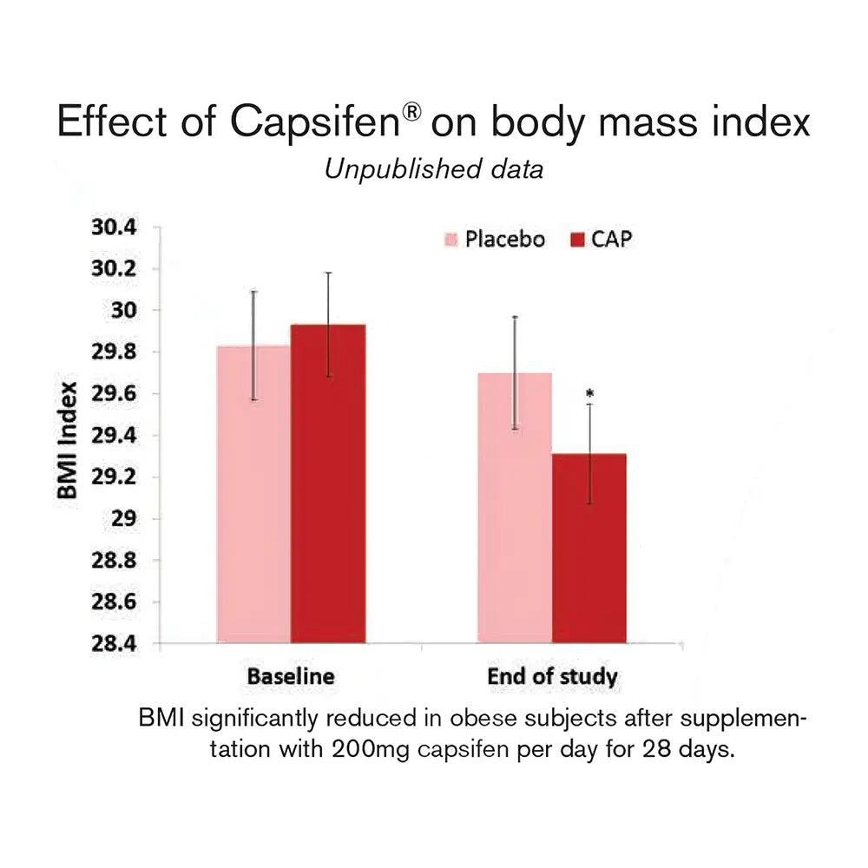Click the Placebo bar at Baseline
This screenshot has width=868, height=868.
[x=253, y=495]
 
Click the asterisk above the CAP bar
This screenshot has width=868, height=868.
[x=589, y=393]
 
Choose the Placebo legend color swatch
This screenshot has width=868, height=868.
[x=451, y=240]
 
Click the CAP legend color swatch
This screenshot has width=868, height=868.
[x=578, y=240]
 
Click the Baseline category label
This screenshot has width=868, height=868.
[x=290, y=677]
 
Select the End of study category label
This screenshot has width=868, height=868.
[x=552, y=677]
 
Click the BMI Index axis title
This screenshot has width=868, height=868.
[x=69, y=440]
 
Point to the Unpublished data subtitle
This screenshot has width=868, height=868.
[x=434, y=169]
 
